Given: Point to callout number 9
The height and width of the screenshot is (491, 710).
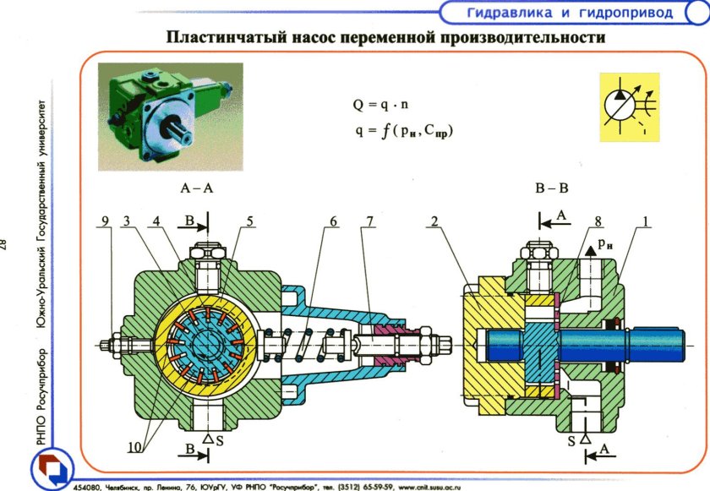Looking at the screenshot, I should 105,221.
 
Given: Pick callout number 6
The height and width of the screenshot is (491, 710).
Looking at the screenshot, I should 333,221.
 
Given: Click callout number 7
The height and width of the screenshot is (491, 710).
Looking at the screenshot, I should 369,221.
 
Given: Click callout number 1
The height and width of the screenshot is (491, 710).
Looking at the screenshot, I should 645,221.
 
